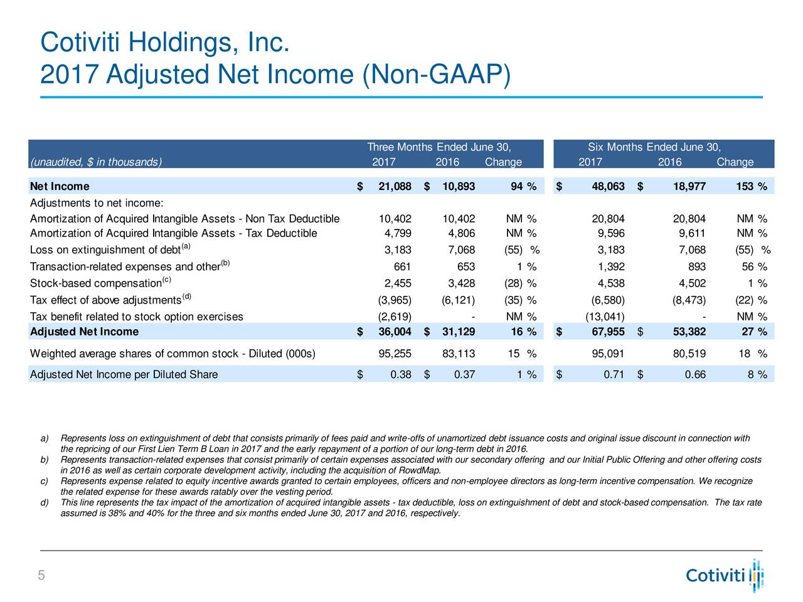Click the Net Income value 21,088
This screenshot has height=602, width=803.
click(395, 186)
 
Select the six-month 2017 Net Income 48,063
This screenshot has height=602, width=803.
click(608, 186)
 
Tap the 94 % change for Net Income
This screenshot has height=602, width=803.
click(523, 186)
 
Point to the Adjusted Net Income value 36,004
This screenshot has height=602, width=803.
click(395, 332)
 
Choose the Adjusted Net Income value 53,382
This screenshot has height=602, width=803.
click(689, 332)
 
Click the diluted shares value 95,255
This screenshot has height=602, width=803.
click(395, 354)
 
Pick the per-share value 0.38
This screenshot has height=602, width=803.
click(401, 374)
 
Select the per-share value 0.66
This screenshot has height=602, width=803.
click(695, 374)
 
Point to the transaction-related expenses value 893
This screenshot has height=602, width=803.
click(696, 267)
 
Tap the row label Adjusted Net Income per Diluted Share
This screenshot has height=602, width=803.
click(124, 374)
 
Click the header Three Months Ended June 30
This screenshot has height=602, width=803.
click(439, 147)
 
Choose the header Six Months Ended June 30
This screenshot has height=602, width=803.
click(654, 147)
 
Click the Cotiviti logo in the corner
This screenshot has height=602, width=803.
click(725, 575)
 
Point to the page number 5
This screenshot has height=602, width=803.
click(41, 575)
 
